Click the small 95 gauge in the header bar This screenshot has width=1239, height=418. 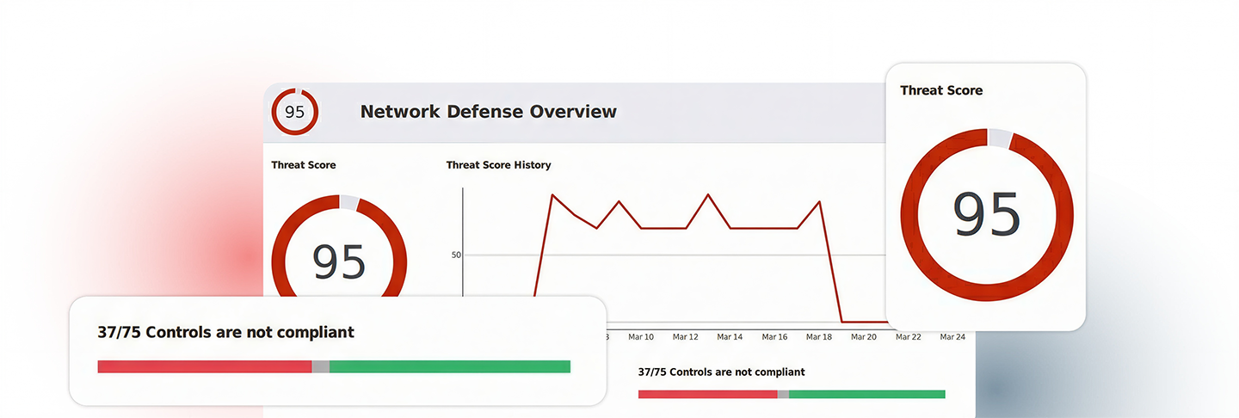coord(295,112)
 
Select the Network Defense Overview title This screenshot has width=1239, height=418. coord(488,112)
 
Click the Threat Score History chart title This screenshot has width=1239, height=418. coord(498,165)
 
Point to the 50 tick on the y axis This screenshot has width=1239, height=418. coord(456,255)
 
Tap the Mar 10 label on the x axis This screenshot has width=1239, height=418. coord(640,337)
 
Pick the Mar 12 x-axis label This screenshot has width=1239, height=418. coord(685,337)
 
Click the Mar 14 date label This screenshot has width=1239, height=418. coord(730,337)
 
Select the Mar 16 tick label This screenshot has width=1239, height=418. coord(774,337)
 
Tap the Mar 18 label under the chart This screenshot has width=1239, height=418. coord(819,337)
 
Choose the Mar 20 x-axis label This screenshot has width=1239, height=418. coord(864,337)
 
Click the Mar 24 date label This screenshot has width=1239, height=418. coord(952,337)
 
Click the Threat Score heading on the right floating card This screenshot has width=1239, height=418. coord(941,90)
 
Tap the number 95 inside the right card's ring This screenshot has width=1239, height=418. coord(986,215)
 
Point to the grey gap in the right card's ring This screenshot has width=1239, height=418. coord(999,138)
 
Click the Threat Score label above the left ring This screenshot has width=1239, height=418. coord(304,165)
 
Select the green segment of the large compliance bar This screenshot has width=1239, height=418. coord(449,366)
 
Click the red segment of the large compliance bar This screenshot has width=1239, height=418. coord(204,366)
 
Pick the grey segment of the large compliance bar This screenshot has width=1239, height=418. coord(320,366)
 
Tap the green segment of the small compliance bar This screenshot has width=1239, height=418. coord(866,394)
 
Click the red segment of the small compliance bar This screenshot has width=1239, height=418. coord(707,394)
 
